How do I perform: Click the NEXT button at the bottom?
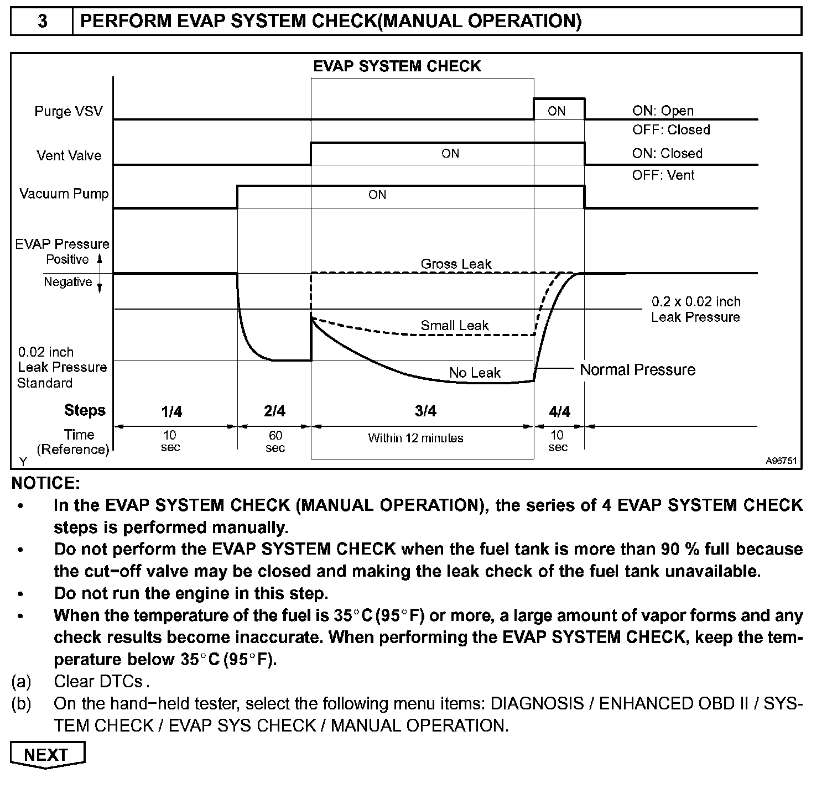pyautogui.click(x=47, y=755)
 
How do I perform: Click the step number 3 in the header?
pyautogui.click(x=43, y=22)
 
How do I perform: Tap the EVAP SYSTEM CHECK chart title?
pyautogui.click(x=397, y=66)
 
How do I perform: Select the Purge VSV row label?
pyautogui.click(x=69, y=111)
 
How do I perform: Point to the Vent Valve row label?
pyautogui.click(x=69, y=155)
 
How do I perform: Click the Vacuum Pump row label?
pyautogui.click(x=64, y=194)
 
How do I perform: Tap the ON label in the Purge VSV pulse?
pyautogui.click(x=557, y=111)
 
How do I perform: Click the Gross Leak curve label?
pyautogui.click(x=456, y=264)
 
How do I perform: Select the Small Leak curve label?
pyautogui.click(x=454, y=325)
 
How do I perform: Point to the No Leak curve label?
pyautogui.click(x=475, y=373)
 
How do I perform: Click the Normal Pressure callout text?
pyautogui.click(x=637, y=369)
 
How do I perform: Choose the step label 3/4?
pyautogui.click(x=425, y=411)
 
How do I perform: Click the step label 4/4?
pyautogui.click(x=559, y=411)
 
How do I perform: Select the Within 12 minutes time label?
pyautogui.click(x=415, y=438)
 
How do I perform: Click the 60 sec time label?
pyautogui.click(x=275, y=441)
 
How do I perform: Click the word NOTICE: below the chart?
pyautogui.click(x=46, y=483)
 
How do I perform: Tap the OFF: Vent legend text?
pyautogui.click(x=663, y=175)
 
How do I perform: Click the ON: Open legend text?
pyautogui.click(x=663, y=111)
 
